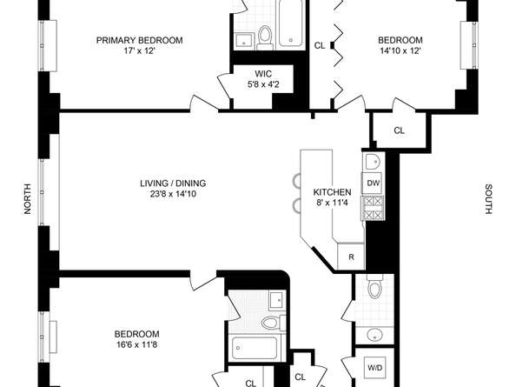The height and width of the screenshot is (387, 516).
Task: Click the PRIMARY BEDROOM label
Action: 140,40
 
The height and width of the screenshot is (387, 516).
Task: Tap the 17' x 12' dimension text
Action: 140,51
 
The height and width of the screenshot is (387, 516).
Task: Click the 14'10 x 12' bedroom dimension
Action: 400,51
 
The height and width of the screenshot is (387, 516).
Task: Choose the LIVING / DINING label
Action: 173,183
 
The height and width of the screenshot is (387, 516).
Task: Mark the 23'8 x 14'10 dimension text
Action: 173,194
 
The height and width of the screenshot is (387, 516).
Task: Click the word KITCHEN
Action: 332,192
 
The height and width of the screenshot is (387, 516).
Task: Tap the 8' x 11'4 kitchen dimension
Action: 332,204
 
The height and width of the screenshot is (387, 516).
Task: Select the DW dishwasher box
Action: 372,183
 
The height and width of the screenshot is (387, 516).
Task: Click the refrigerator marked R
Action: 351,257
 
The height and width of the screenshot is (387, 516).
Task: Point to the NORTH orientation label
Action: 29,199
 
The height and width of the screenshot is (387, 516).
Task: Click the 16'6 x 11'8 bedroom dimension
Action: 138,346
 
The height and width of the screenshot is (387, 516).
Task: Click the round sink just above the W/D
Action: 374,335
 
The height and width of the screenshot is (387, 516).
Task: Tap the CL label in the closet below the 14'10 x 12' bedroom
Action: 399,131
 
